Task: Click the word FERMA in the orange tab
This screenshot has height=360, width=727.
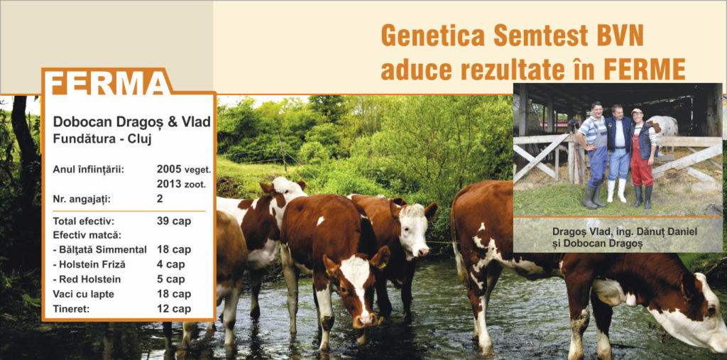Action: [108, 84]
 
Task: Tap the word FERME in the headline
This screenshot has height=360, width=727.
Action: [645, 70]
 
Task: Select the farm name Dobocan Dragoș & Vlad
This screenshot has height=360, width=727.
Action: [131, 121]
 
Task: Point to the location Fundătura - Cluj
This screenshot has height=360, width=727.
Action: [102, 138]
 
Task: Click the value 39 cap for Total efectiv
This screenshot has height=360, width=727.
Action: [174, 222]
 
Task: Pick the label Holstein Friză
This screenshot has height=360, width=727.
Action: [89, 264]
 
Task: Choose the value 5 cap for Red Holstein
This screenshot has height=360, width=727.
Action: [170, 279]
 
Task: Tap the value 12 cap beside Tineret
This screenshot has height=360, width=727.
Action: [174, 309]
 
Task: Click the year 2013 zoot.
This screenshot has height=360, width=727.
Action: [181, 184]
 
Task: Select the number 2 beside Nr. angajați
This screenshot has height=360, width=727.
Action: [160, 199]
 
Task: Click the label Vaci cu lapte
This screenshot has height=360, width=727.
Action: [83, 294]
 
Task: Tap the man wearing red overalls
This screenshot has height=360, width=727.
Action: [643, 158]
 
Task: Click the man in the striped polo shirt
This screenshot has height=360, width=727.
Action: [592, 153]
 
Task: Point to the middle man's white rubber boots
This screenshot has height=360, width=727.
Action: [618, 191]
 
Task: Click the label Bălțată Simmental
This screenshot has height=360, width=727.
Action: [99, 250]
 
